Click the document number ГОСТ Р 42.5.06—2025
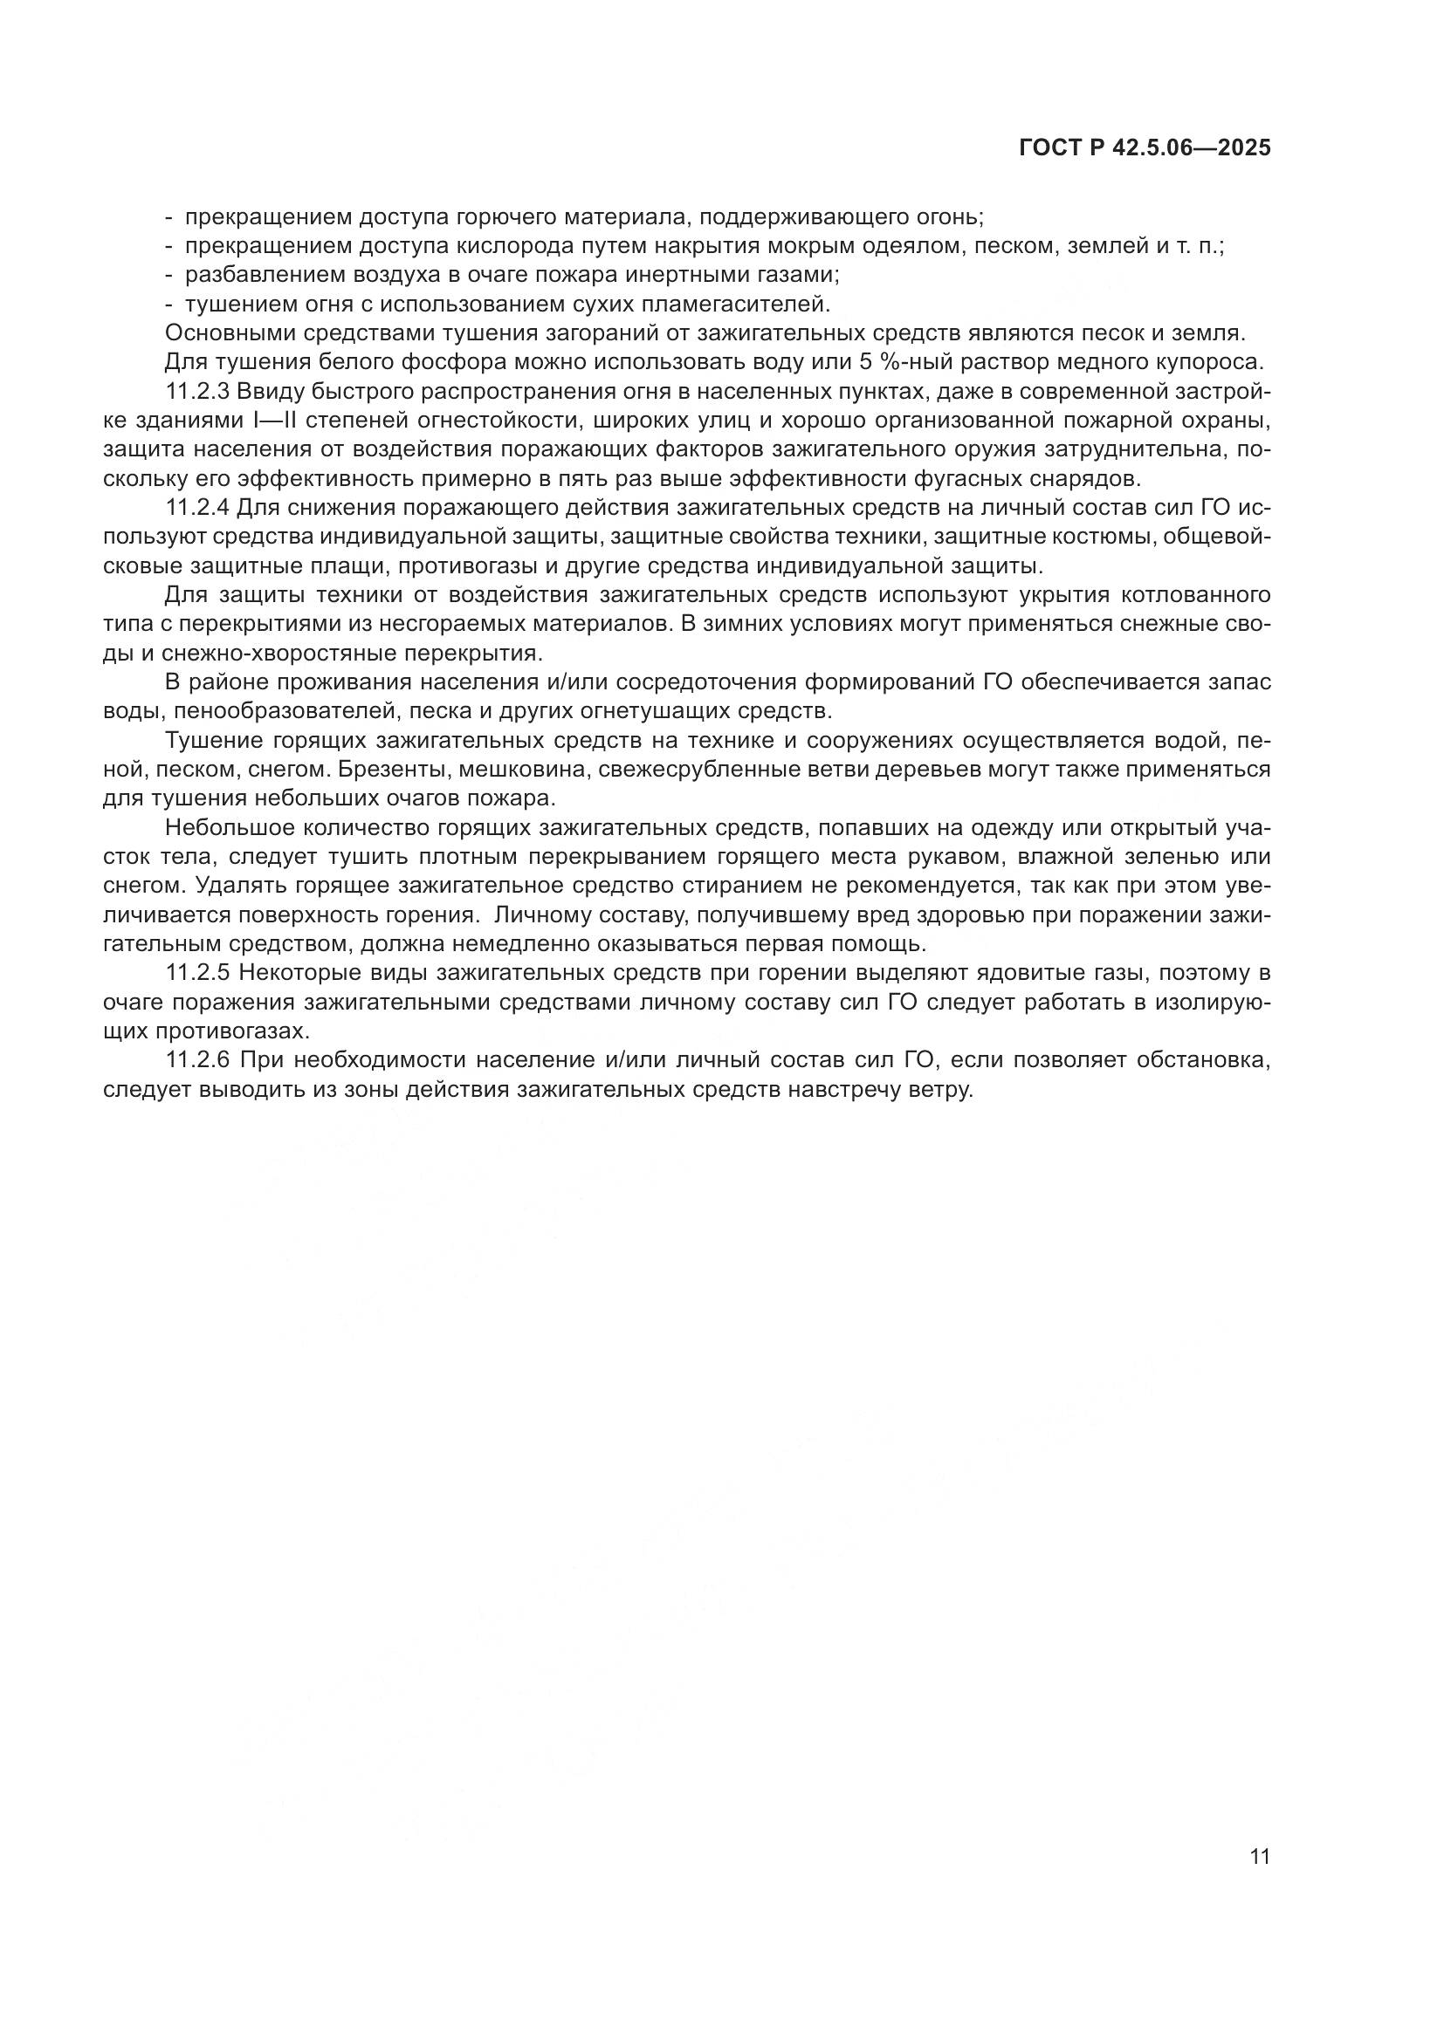pyautogui.click(x=1145, y=148)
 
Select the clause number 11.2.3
pyautogui.click(x=197, y=392)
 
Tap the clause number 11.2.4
pyautogui.click(x=197, y=509)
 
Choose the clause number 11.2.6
pyautogui.click(x=197, y=1060)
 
